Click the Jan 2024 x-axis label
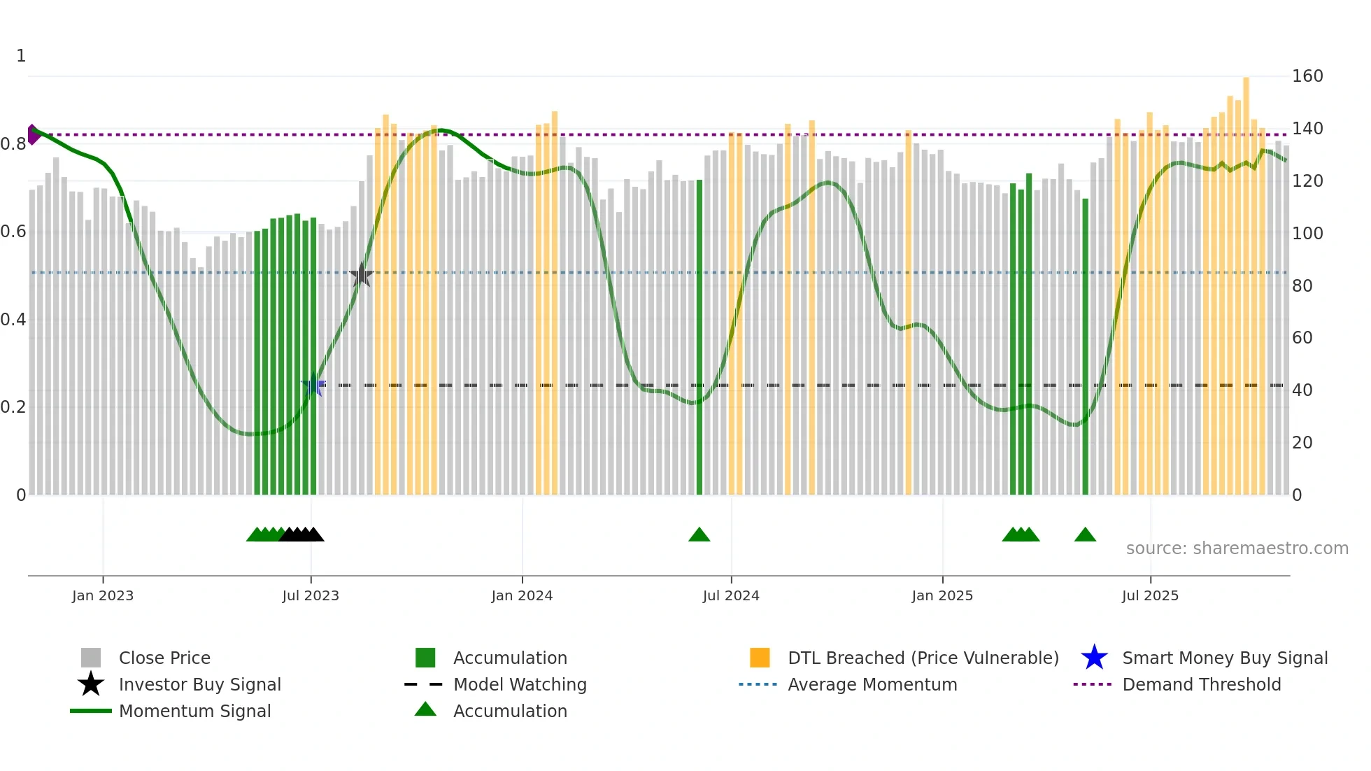522,595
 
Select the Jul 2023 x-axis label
311,595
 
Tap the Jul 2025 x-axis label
1150,595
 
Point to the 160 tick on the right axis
1307,76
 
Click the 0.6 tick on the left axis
13,232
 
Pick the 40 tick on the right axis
1302,390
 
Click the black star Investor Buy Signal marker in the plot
361,275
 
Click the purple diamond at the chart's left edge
33,134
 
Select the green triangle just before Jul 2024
699,535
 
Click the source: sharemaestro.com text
1237,548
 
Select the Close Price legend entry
164,658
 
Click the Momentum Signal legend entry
194,711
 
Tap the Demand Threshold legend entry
1201,684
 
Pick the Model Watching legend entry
520,684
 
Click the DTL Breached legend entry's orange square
760,658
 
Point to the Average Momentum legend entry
872,684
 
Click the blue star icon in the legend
1094,658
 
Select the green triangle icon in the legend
425,709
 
